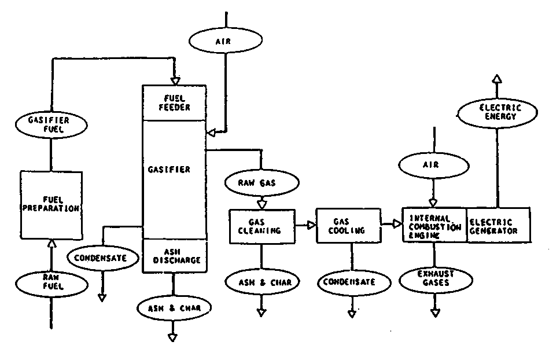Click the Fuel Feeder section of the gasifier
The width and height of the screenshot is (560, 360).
pos(174,103)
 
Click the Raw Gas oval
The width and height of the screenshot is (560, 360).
pos(261,183)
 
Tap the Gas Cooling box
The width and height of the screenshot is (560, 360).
pos(349,226)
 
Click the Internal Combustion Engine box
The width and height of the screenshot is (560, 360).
pos(434,225)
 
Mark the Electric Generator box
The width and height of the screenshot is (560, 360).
pos(498,225)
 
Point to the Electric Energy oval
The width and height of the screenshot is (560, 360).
pos(496,112)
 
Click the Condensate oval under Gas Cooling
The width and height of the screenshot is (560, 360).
pos(350,282)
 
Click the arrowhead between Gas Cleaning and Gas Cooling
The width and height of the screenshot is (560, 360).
pos(312,225)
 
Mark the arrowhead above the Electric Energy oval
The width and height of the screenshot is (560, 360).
pos(496,79)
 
